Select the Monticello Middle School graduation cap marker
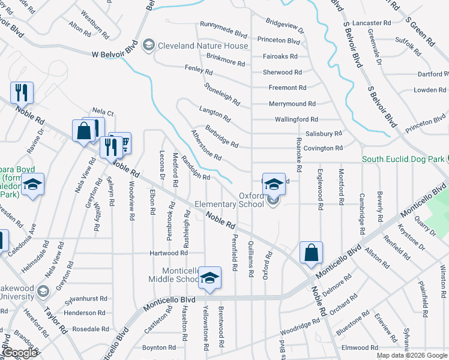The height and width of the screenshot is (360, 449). [x=209, y=277]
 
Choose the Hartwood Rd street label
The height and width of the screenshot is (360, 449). [x=156, y=253]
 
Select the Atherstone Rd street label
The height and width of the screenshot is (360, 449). [x=206, y=145]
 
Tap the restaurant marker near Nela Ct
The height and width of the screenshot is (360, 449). [x=22, y=92]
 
